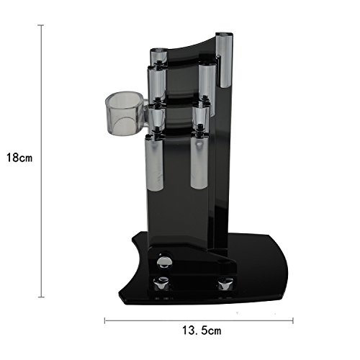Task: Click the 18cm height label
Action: [x=19, y=158]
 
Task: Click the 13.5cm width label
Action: [x=202, y=330]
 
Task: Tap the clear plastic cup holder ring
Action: [x=125, y=113]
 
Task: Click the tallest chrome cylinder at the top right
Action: [x=224, y=60]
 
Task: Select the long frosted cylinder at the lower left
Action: [x=155, y=163]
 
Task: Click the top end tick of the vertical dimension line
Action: [x=41, y=25]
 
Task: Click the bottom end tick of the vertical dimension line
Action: [x=41, y=297]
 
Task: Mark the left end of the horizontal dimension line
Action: [x=104, y=320]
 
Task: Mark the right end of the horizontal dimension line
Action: [x=293, y=320]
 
